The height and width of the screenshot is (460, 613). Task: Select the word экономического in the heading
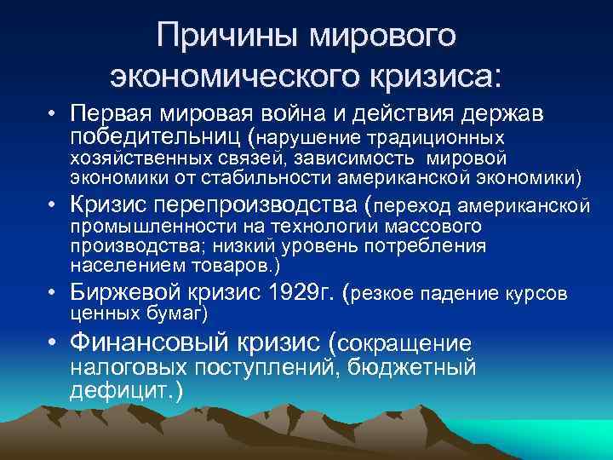click(x=229, y=76)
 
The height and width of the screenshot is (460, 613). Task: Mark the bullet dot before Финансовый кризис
click(x=53, y=344)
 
